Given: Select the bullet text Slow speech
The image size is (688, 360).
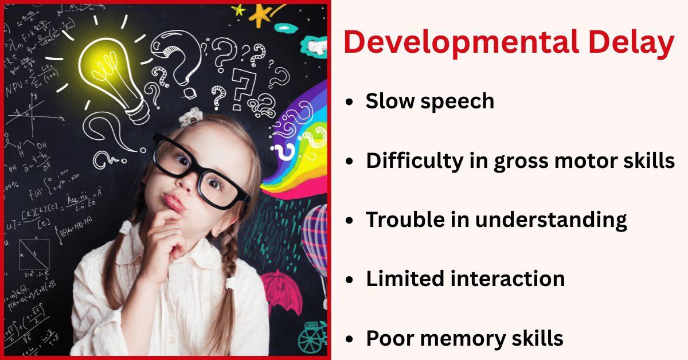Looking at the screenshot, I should (x=429, y=101).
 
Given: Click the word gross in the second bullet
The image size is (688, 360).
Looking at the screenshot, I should (x=514, y=161).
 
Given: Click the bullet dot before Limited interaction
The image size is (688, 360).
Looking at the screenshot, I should (x=350, y=280).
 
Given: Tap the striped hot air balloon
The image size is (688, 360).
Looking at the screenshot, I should (x=316, y=235).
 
